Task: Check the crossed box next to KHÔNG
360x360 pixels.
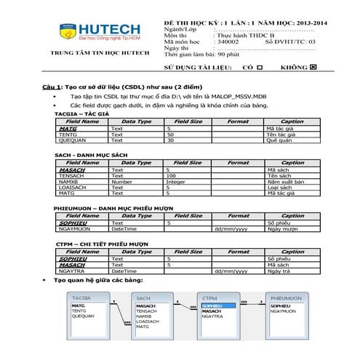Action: click(314, 67)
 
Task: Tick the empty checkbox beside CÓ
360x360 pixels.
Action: click(260, 67)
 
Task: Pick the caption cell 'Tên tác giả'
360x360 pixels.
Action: click(283, 135)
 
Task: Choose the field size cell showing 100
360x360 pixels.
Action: click(172, 176)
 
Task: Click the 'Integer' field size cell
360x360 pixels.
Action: click(177, 182)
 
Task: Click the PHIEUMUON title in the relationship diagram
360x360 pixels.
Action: click(287, 298)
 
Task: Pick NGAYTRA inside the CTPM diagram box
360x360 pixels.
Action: click(213, 317)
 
